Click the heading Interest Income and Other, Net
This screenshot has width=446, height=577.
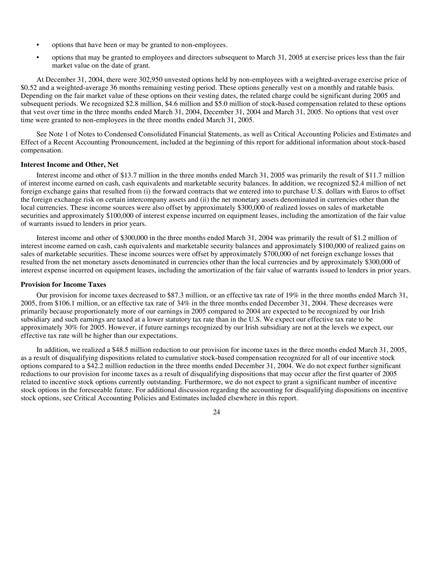(x=69, y=165)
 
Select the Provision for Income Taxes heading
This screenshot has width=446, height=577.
(x=63, y=285)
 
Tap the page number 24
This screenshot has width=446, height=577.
(x=216, y=412)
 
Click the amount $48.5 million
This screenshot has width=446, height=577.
(x=130, y=350)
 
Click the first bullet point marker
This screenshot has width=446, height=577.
(x=38, y=45)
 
